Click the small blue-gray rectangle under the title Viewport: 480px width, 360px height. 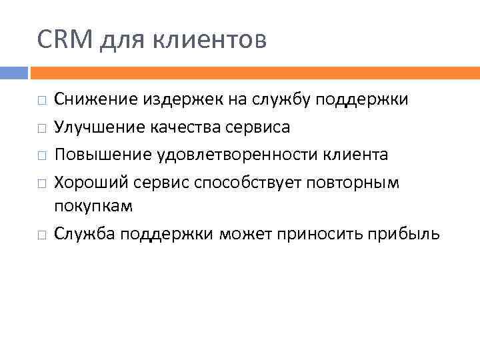pos(13,72)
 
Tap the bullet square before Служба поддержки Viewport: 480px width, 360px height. pos(41,235)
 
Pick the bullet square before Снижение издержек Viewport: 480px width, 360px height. pos(41,101)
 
